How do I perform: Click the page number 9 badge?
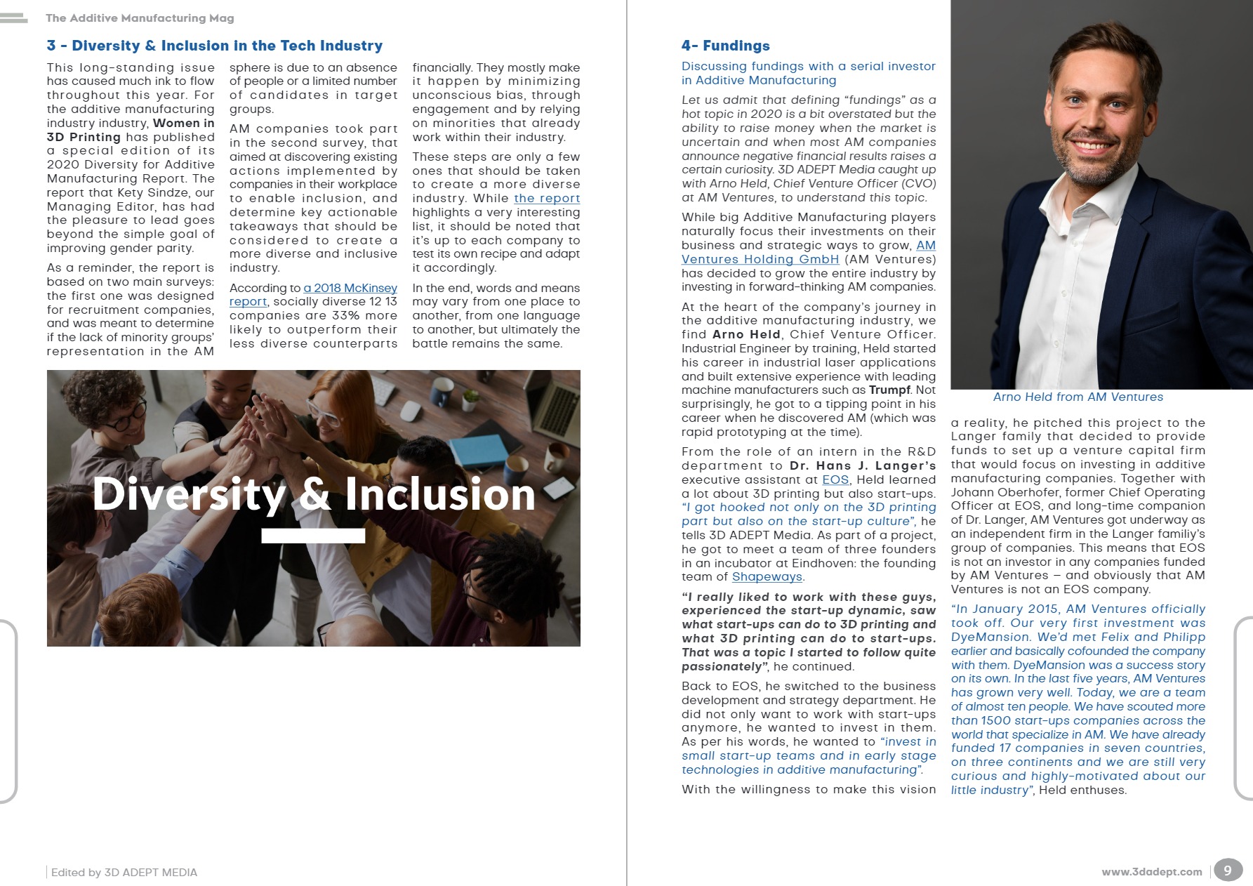click(x=1227, y=871)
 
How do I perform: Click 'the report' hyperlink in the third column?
click(x=547, y=199)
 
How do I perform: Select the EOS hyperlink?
click(x=835, y=480)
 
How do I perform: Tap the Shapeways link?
click(x=767, y=577)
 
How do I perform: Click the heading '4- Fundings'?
click(x=725, y=46)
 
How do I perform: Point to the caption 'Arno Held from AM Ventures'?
click(x=1078, y=397)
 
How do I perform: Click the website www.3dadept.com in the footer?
click(x=1151, y=872)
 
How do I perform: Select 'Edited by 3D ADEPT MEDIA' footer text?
click(x=124, y=873)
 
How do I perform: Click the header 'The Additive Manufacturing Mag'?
click(x=140, y=18)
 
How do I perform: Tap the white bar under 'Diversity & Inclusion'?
click(x=313, y=536)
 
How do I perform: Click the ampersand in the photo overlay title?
click(x=314, y=494)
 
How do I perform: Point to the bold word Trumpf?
click(x=889, y=390)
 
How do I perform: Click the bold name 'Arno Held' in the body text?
click(x=746, y=335)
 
